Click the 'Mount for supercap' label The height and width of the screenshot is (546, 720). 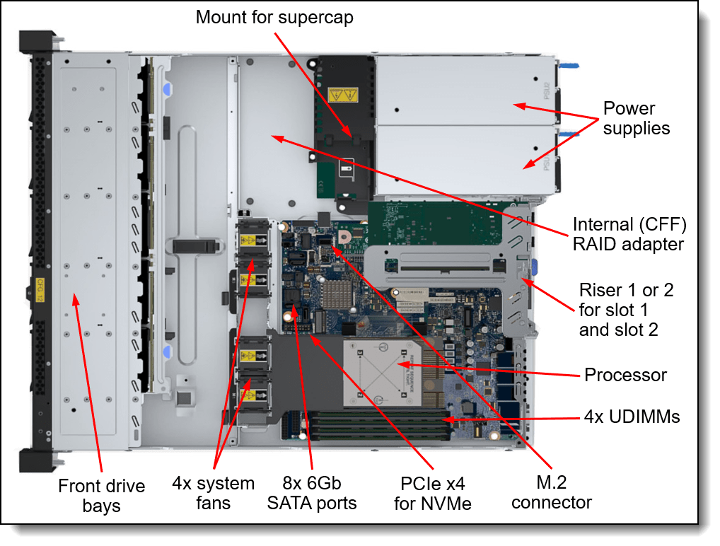point(274,16)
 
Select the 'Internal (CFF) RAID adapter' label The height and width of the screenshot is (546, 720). point(629,234)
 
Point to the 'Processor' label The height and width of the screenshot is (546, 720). point(625,375)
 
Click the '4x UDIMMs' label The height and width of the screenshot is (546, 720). point(632,417)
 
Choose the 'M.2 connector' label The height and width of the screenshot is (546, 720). point(551,493)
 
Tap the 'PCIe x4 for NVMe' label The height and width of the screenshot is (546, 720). point(432,494)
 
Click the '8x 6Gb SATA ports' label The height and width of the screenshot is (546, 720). point(312,494)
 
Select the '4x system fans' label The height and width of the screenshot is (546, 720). point(213,494)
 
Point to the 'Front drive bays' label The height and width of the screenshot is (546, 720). point(101,496)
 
